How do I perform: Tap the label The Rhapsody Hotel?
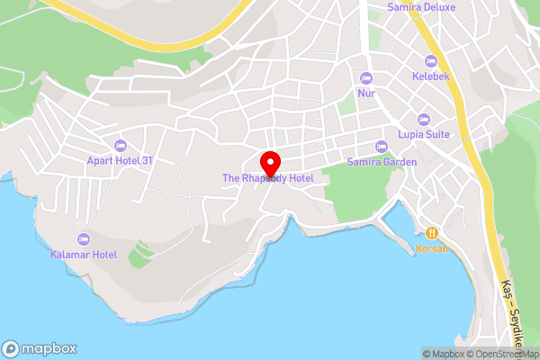click(268, 178)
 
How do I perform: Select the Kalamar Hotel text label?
click(83, 255)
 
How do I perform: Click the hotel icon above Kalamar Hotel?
click(84, 239)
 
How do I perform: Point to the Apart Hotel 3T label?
click(121, 160)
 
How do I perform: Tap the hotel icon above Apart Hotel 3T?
click(121, 146)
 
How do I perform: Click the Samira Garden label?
click(382, 162)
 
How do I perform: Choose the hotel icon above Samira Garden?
click(382, 147)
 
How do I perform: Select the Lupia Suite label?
click(424, 134)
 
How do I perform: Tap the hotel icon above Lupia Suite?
click(424, 119)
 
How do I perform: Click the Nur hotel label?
click(365, 93)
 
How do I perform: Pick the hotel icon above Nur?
click(365, 77)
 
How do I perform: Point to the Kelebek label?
click(431, 75)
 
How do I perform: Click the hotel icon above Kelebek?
click(431, 59)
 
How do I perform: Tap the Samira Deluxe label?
click(421, 7)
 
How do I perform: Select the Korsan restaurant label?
click(432, 247)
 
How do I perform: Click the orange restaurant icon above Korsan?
click(432, 232)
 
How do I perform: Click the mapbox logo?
click(39, 348)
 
